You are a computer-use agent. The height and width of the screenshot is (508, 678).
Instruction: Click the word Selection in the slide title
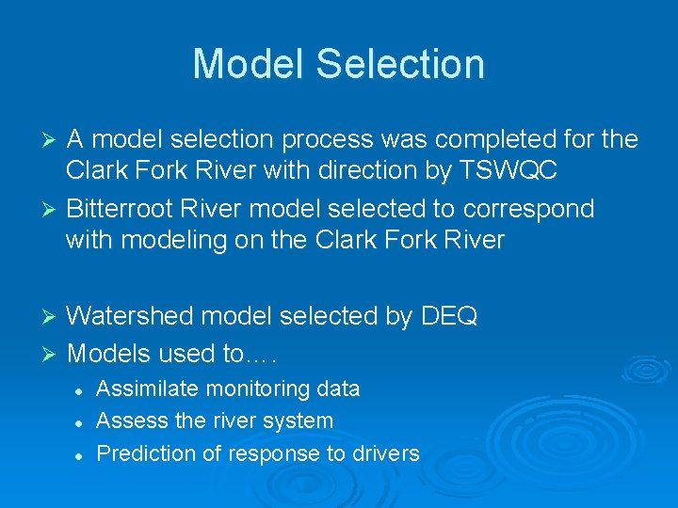(400, 64)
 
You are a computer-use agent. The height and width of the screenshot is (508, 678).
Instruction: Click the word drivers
(385, 453)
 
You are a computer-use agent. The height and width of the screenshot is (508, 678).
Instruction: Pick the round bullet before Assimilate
(81, 389)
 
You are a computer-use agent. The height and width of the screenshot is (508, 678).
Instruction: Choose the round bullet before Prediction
(81, 454)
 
